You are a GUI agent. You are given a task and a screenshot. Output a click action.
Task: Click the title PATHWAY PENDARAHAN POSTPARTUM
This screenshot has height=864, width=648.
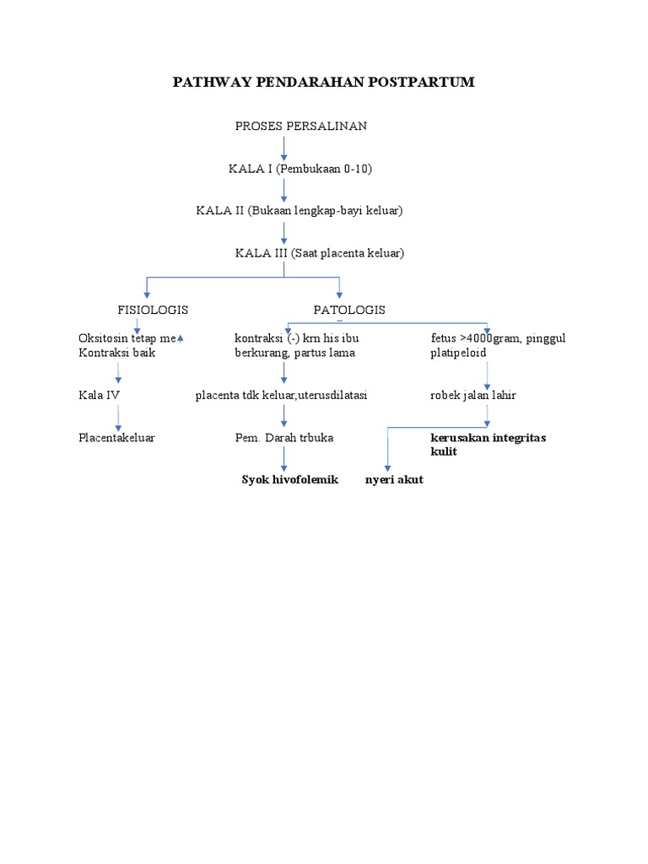(x=324, y=82)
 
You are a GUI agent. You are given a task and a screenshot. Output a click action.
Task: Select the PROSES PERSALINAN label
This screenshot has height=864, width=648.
(x=300, y=127)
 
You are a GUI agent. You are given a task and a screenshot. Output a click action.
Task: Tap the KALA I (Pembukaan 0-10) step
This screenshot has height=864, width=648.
(x=300, y=169)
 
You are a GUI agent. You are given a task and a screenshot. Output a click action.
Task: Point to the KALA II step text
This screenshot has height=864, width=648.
(x=300, y=211)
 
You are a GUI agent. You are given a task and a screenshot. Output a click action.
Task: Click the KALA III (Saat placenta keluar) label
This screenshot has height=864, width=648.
(x=319, y=253)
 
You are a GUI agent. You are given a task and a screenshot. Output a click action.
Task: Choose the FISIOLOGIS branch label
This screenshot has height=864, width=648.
(x=153, y=310)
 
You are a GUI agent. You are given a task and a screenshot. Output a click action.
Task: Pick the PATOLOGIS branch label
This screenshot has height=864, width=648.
(x=349, y=310)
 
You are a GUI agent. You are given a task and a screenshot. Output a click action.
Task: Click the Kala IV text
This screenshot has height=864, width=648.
(x=100, y=394)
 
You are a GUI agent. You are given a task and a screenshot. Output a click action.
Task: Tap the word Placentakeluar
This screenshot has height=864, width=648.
(x=116, y=438)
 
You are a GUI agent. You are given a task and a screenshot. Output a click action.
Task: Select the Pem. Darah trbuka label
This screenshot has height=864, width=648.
(x=283, y=438)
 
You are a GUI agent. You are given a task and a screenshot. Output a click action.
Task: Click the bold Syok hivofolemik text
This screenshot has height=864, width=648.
(x=289, y=479)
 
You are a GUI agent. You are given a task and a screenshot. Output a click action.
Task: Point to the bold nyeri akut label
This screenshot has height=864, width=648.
(x=394, y=479)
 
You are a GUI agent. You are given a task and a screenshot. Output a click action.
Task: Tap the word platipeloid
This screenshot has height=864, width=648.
(x=457, y=353)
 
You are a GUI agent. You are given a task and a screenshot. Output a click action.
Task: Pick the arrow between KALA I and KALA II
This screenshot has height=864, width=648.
(x=284, y=190)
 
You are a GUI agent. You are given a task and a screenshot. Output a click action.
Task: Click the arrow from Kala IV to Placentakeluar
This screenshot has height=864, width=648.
(x=118, y=418)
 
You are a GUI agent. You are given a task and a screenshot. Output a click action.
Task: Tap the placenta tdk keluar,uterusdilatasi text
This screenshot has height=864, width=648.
(x=281, y=394)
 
